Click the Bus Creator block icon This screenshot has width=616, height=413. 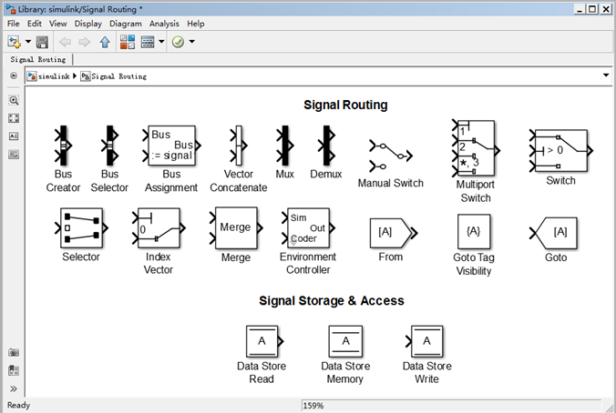click(x=63, y=146)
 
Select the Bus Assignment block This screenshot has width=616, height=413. click(x=171, y=146)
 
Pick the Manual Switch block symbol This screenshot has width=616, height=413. click(x=391, y=156)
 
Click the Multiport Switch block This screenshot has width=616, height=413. click(x=477, y=148)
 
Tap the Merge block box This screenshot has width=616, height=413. click(x=236, y=227)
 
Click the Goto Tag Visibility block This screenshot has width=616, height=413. click(x=474, y=231)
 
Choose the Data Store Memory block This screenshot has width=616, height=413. click(x=345, y=341)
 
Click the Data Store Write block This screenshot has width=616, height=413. click(x=425, y=341)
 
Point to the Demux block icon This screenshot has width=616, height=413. click(x=327, y=146)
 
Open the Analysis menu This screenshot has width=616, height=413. click(x=164, y=24)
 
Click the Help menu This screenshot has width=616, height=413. click(x=196, y=24)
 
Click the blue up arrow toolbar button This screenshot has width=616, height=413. click(x=105, y=42)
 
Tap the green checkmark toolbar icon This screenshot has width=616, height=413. click(x=178, y=42)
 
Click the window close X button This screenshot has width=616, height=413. click(x=606, y=9)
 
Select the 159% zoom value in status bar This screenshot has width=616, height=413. click(x=313, y=406)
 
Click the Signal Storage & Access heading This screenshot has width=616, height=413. click(x=332, y=301)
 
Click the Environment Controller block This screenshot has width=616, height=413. click(x=308, y=228)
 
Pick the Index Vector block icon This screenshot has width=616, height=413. click(x=159, y=228)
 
